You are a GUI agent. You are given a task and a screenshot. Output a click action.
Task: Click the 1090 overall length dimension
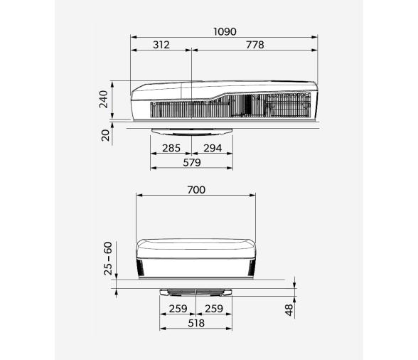(225, 32)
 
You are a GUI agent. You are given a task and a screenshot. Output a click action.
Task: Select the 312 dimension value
(161, 45)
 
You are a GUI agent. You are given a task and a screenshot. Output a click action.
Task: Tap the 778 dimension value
(254, 45)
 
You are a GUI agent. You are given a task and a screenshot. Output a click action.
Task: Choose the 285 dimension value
(171, 149)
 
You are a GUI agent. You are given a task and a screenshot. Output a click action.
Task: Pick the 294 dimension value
(213, 149)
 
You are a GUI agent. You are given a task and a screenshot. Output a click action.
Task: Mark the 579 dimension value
(191, 162)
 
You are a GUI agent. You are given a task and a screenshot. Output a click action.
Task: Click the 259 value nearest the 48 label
(213, 309)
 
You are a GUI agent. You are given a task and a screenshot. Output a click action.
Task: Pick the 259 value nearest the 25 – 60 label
(178, 309)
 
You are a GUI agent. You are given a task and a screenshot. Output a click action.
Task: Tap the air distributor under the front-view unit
(195, 291)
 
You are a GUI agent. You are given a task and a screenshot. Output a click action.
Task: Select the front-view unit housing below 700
(195, 256)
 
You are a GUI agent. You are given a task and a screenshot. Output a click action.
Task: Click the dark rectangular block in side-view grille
(247, 105)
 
